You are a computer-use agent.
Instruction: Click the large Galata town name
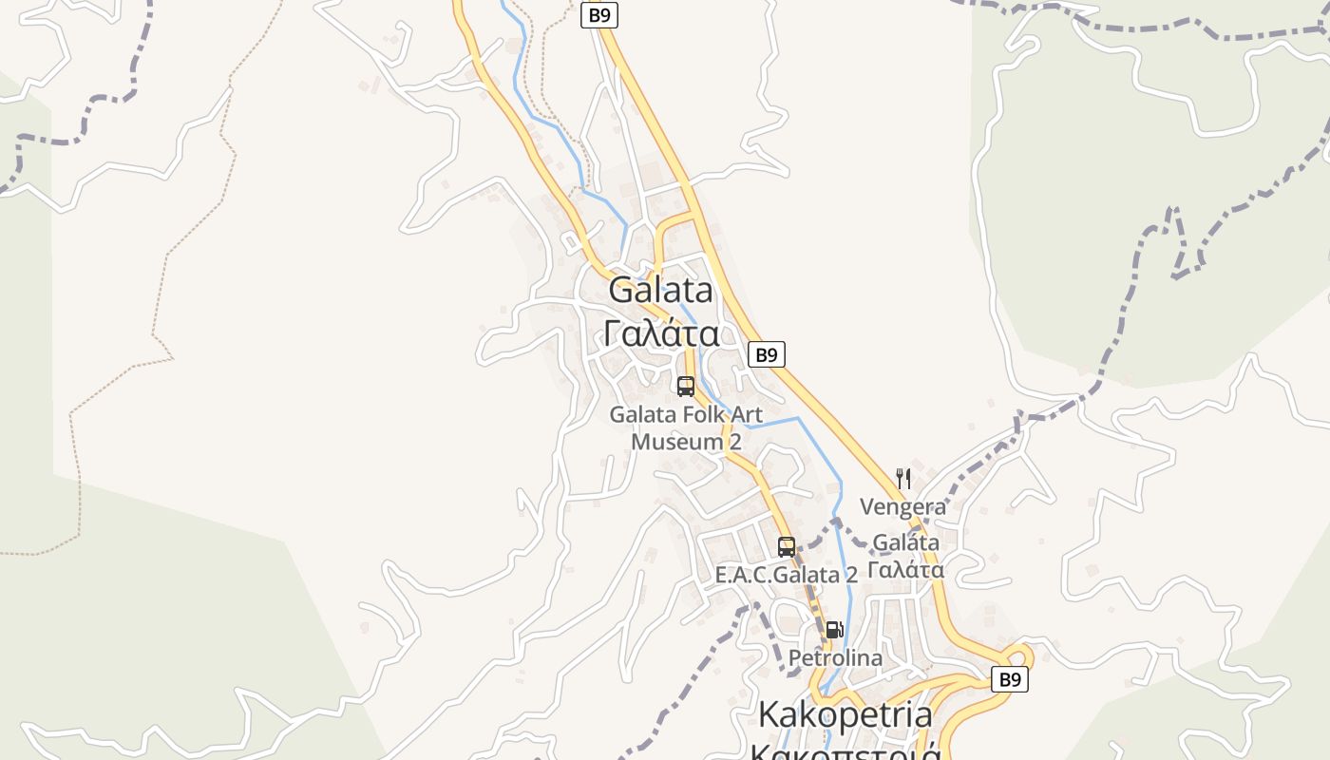(660, 290)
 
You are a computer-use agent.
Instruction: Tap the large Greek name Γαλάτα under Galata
(660, 333)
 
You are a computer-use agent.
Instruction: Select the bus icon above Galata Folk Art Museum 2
(686, 387)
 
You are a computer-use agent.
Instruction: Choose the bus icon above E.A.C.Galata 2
(787, 547)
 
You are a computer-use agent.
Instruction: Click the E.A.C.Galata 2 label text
(787, 575)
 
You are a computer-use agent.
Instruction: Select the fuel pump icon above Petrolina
(834, 629)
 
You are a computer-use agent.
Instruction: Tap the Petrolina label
(835, 657)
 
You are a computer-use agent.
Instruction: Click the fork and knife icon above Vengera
(903, 479)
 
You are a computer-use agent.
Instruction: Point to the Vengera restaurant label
(903, 506)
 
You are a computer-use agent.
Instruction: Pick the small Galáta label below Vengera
(905, 542)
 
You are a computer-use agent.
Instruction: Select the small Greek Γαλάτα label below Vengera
(905, 570)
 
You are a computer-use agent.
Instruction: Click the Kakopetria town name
(845, 713)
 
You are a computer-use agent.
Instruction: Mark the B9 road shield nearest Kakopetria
(1010, 680)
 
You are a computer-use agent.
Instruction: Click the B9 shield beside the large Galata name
(767, 355)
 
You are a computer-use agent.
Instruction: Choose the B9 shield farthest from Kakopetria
(599, 15)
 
